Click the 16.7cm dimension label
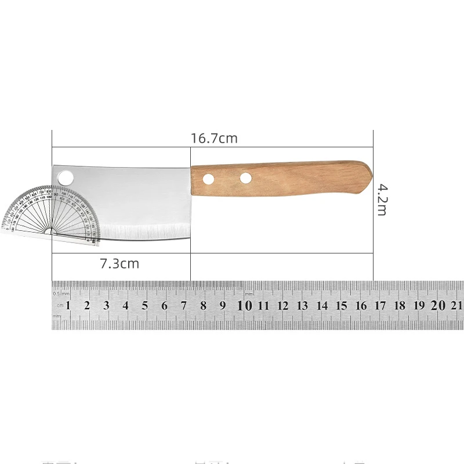214,139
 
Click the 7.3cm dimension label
119,263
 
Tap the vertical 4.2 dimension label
382,199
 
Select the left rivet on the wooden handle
208,177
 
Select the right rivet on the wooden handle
246,177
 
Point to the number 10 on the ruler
245,306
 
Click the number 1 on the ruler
68,306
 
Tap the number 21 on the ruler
456,306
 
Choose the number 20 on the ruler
437,306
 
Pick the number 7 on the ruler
183,306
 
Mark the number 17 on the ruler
380,306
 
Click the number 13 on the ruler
302,306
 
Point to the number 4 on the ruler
125,306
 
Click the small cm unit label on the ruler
59,306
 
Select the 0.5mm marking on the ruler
60,293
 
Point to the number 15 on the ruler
342,306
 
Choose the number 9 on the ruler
222,306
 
